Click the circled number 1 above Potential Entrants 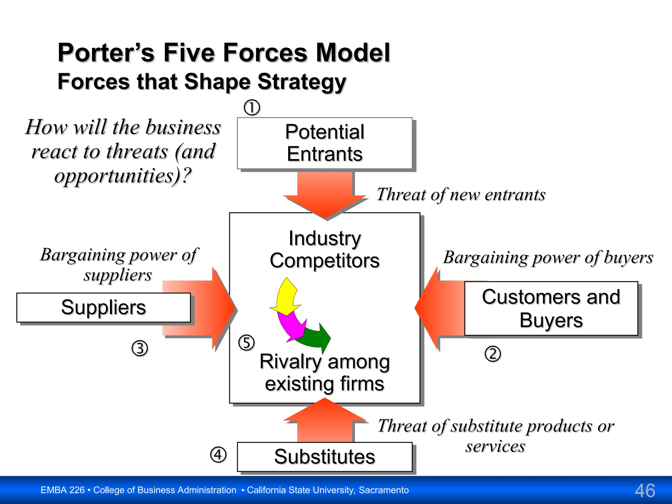(252, 108)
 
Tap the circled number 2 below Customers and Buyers (493, 354)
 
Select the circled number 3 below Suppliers (140, 348)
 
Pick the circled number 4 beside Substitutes (218, 455)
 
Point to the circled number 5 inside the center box (246, 343)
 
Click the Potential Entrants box (325, 143)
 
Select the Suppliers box (103, 307)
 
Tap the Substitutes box (325, 457)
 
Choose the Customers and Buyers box (551, 308)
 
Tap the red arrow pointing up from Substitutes (325, 422)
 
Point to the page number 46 (645, 491)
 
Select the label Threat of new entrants (461, 195)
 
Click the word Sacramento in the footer (384, 490)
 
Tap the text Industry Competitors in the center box (325, 249)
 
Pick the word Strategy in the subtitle (302, 81)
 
